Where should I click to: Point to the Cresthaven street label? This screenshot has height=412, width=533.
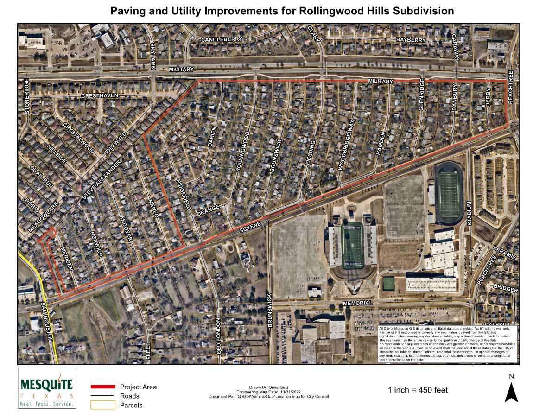tap(100, 95)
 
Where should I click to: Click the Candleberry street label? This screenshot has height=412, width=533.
tap(222, 40)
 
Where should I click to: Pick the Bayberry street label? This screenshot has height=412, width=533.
tap(411, 40)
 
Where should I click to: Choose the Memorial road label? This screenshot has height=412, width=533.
tap(357, 303)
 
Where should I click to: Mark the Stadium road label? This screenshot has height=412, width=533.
tap(469, 214)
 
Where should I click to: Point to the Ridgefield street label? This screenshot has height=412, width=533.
tap(183, 195)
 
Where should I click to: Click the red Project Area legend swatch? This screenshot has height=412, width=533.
tap(102, 387)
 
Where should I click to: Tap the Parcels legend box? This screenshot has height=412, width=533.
tap(102, 405)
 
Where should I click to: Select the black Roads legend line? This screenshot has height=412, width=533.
tap(102, 396)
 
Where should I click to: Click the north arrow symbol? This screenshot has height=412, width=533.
tap(511, 390)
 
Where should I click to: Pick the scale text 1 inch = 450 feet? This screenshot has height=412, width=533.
tap(418, 390)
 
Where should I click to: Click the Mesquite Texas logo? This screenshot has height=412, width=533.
tap(46, 388)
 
